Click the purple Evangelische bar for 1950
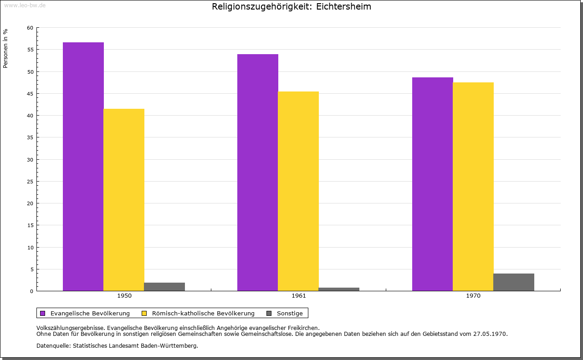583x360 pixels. pos(83,167)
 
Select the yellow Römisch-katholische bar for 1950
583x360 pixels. pos(124,200)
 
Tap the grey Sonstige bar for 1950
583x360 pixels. pos(164,287)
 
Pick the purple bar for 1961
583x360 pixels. pos(258,172)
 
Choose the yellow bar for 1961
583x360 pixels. pos(298,191)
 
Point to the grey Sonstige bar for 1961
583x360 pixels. pos(339,289)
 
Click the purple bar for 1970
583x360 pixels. pos(433,184)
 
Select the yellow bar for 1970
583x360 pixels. pos(473,187)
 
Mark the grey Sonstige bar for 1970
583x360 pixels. pos(514,282)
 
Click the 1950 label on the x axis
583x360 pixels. pos(124,296)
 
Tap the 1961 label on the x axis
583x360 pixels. pos(299,296)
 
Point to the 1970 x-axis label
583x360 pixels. pos(473,296)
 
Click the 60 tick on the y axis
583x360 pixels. pos(30,28)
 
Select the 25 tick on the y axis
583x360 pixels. pos(30,182)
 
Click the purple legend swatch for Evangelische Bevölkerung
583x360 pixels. pos(43,313)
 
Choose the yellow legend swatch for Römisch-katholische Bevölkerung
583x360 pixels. pos(144,313)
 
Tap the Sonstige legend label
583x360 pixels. pos(290,313)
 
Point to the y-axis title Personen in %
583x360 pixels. pos(5,48)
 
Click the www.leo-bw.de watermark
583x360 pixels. pos(25,5)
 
